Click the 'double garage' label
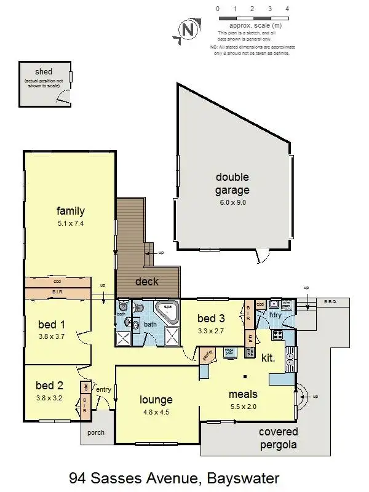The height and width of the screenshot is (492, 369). [232, 183]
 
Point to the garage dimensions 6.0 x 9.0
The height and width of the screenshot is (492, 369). [232, 202]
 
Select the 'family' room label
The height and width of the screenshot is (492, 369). [70, 211]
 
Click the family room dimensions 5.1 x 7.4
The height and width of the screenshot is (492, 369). [70, 223]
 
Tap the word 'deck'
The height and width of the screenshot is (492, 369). [146, 282]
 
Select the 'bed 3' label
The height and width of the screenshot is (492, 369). [211, 318]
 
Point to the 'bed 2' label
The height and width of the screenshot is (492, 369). [49, 386]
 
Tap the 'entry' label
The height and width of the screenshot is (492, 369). [104, 389]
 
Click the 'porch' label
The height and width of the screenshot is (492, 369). [96, 432]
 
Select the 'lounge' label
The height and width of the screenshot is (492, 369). [156, 400]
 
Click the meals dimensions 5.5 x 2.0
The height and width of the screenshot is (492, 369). [243, 407]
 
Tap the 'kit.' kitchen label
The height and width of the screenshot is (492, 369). [268, 357]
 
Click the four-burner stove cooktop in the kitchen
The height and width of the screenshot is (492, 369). [277, 336]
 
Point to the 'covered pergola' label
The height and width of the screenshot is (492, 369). [278, 437]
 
